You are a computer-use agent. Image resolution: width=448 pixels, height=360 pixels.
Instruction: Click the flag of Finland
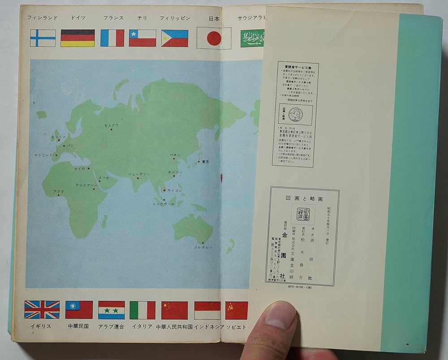(43, 38)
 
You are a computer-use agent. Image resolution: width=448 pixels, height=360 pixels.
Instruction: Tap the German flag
(78, 38)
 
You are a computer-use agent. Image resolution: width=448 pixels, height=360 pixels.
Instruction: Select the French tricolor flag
(112, 38)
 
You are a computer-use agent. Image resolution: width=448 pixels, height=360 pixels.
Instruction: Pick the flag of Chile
(142, 38)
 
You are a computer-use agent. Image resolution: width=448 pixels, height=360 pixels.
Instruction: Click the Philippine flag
(175, 39)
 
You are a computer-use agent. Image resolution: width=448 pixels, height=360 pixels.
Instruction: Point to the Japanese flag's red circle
(214, 39)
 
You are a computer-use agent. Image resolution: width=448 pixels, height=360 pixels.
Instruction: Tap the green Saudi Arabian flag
(252, 39)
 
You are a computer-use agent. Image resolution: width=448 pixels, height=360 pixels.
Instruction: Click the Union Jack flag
(42, 309)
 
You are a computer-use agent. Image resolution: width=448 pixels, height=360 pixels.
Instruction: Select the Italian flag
(142, 310)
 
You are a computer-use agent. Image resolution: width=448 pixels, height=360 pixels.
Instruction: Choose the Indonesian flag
(207, 310)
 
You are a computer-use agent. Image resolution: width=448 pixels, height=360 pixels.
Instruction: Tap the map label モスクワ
(111, 125)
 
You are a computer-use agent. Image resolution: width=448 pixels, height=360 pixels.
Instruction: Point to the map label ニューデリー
(139, 174)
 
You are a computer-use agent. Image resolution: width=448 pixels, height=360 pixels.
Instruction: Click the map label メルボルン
(203, 247)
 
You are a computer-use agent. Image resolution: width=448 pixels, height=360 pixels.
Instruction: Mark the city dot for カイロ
(89, 168)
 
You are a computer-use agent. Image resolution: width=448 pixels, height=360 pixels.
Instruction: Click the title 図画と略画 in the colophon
(304, 197)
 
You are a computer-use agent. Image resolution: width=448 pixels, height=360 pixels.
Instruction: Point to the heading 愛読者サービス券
(295, 64)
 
